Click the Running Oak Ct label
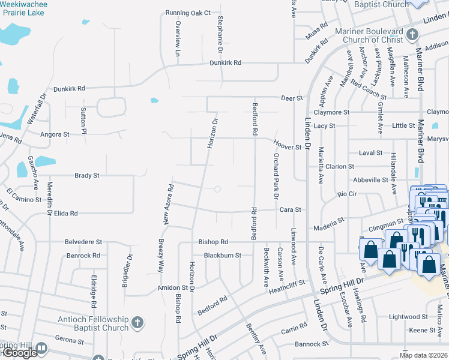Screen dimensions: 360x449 coord(188,13)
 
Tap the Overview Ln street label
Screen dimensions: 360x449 coord(178,38)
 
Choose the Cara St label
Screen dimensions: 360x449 coord(289,209)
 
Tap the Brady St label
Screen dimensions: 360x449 coord(86,176)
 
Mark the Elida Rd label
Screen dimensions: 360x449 coord(66,213)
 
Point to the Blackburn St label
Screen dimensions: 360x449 coord(222,255)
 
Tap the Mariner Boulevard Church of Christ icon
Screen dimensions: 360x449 coord(412,34)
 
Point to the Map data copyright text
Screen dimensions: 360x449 coord(424,355)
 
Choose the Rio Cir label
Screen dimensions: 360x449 coord(347,194)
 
